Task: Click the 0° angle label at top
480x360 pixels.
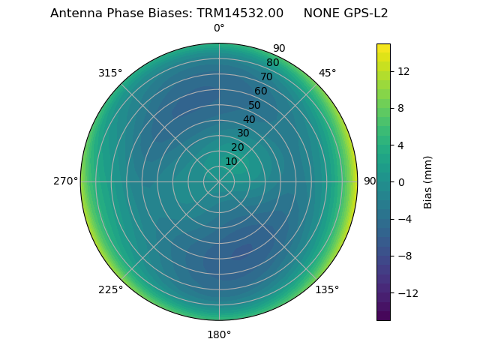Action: click(219, 28)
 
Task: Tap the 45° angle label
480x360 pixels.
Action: click(327, 73)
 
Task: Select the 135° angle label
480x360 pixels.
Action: click(327, 289)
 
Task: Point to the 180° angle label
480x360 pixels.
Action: click(219, 334)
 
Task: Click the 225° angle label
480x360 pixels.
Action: click(110, 289)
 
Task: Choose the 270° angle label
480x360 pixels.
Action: click(66, 181)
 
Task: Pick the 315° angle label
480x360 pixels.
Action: click(110, 73)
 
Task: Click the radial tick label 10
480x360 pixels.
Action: click(231, 161)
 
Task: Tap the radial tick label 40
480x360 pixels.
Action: click(249, 119)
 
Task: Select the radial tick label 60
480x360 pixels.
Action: click(260, 91)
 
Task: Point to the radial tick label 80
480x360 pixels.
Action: click(272, 63)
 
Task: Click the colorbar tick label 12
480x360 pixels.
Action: click(403, 71)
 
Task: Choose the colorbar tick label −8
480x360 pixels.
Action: click(403, 256)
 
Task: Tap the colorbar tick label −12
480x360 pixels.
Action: click(406, 292)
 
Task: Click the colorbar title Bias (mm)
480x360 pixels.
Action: click(428, 181)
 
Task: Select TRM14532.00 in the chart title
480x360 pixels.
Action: click(240, 13)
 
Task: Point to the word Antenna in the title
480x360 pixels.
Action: click(75, 13)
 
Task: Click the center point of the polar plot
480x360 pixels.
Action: click(219, 181)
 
